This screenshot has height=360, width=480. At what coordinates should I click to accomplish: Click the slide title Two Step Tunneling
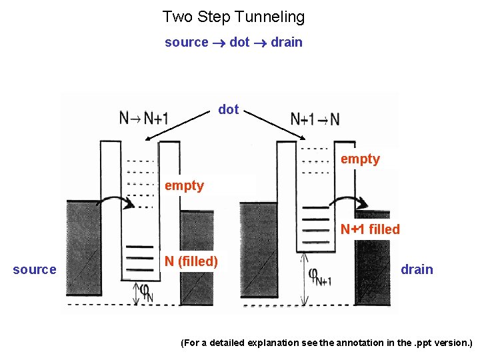233,16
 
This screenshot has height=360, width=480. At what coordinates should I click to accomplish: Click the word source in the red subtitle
187,43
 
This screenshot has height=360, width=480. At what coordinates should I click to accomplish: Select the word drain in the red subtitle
287,43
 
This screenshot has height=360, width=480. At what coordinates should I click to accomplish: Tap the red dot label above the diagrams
229,109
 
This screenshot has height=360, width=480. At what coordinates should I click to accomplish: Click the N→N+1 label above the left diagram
144,119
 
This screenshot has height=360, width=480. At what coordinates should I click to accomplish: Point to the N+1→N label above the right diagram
315,119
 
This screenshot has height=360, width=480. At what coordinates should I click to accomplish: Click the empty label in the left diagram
184,185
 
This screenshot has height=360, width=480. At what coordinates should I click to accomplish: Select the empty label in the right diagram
360,159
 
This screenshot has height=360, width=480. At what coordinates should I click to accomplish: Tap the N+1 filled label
370,229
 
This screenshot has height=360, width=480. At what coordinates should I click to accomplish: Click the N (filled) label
191,261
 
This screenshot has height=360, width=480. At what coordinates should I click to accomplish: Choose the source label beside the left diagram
35,269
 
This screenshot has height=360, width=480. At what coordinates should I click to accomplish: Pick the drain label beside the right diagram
417,269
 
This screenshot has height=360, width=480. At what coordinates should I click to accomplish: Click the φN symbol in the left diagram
146,291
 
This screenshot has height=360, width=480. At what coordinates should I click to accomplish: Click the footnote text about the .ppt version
327,343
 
